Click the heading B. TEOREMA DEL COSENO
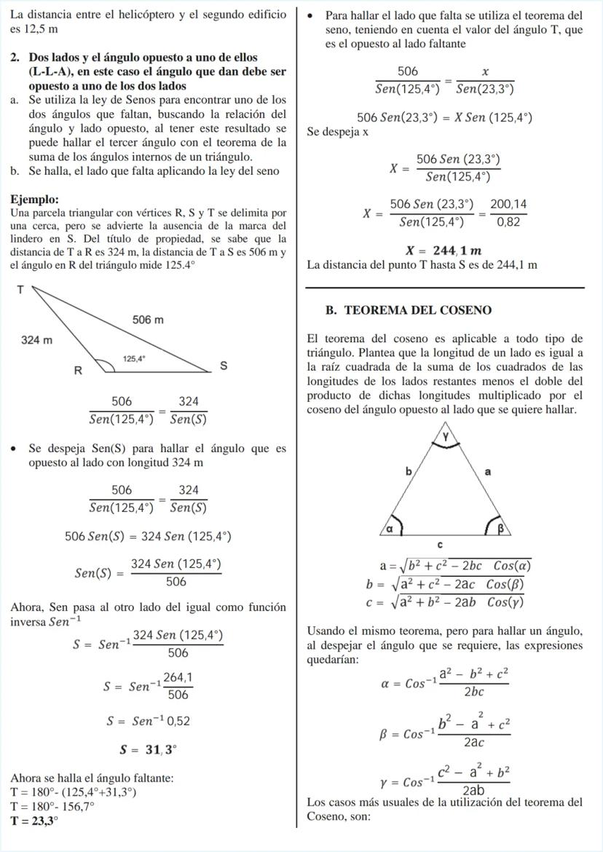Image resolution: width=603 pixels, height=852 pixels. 409,310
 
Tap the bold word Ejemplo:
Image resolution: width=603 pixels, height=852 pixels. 35,200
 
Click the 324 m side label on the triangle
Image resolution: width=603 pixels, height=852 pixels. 36,340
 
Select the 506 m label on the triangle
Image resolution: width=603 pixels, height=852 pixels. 148,319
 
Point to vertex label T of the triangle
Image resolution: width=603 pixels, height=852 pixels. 20,290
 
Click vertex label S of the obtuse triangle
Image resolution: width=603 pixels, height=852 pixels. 224,366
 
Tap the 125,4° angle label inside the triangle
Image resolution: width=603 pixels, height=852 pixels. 134,358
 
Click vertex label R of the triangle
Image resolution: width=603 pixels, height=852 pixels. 78,370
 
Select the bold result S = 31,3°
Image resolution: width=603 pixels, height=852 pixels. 149,749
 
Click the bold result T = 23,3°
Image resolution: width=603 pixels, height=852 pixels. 34,821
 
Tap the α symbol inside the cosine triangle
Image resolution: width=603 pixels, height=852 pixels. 389,529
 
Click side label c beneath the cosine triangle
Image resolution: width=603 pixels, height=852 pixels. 440,545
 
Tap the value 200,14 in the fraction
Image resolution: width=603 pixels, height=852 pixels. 508,205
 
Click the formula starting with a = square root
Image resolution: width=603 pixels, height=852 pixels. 454,566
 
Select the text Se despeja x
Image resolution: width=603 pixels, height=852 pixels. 338,133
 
